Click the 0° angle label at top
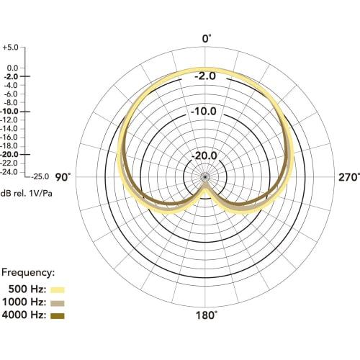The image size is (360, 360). (x=207, y=38)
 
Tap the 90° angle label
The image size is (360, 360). (x=63, y=177)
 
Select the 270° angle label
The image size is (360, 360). (x=348, y=177)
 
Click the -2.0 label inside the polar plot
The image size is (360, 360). (x=207, y=75)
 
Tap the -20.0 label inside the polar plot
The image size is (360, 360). (x=207, y=155)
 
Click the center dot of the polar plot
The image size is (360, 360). (x=206, y=177)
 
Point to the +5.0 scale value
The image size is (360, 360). (x=11, y=47)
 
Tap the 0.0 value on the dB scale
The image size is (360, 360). (x=12, y=68)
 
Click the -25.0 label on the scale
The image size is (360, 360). (x=40, y=176)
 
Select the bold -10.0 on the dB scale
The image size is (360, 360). (x=11, y=112)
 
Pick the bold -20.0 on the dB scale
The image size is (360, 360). (x=11, y=155)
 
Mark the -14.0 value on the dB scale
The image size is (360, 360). (x=11, y=128)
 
